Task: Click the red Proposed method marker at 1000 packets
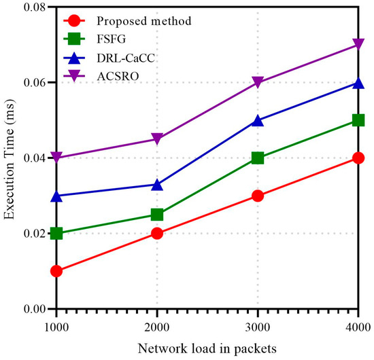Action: click(56, 271)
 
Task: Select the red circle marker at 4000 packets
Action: click(358, 158)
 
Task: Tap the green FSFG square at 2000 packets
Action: click(157, 215)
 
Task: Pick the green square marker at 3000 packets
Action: click(258, 158)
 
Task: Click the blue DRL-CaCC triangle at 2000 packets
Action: click(157, 184)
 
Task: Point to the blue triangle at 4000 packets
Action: click(358, 83)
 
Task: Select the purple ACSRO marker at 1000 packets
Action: click(56, 158)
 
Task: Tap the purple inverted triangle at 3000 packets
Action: click(258, 83)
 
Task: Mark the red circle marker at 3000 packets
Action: click(258, 196)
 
